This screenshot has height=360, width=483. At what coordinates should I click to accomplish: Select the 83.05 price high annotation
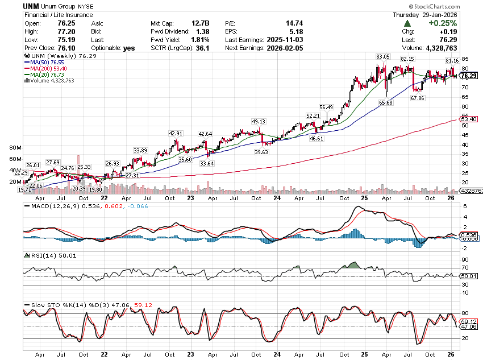pos(382,57)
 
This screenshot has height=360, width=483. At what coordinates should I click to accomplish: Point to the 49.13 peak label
pos(259,121)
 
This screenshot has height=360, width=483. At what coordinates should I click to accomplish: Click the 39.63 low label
pos(261,152)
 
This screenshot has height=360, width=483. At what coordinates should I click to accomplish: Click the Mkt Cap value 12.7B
pos(203,23)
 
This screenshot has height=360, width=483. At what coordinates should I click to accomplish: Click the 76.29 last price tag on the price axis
pos(468,76)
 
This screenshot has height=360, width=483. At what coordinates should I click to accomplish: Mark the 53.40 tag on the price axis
pos(468,119)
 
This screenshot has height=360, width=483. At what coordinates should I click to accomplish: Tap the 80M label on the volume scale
pos(15,147)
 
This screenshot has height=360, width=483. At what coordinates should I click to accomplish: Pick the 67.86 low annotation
pos(418,98)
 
